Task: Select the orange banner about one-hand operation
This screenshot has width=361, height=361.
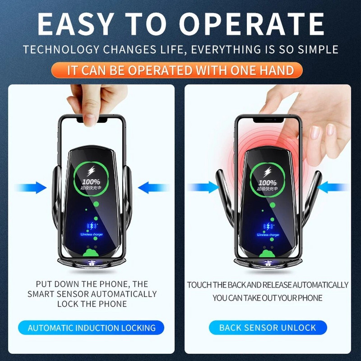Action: (180, 70)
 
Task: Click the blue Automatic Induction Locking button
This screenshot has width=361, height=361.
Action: (92, 328)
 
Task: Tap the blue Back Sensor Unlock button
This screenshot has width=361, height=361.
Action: (268, 328)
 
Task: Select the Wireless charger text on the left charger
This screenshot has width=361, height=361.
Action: (92, 235)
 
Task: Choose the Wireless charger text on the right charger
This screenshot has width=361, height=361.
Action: (268, 235)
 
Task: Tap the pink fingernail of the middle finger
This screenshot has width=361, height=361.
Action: (315, 131)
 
